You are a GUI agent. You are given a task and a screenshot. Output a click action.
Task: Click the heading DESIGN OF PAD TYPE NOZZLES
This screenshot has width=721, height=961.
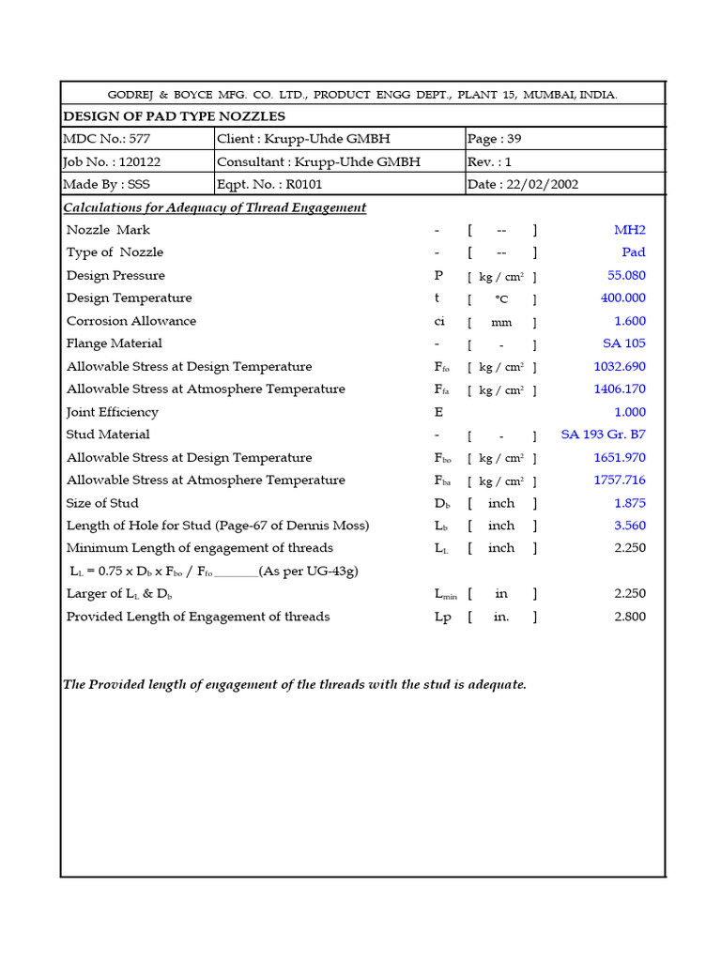pos(174,116)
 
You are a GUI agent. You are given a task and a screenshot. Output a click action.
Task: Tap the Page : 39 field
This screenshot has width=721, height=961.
pos(495,139)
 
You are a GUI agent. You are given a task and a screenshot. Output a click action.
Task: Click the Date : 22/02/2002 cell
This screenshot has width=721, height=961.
pos(524,184)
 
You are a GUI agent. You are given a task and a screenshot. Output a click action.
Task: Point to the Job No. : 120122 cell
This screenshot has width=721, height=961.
pos(112,161)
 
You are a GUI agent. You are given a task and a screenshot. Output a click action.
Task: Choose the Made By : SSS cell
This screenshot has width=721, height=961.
pos(106,184)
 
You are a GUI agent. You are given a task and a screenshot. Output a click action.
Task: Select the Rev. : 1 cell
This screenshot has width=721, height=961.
pos(489,161)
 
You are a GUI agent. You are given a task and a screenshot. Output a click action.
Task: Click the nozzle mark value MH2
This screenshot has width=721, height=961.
pos(629,230)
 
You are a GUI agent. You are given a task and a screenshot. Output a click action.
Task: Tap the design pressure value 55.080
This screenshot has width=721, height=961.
pos(626,276)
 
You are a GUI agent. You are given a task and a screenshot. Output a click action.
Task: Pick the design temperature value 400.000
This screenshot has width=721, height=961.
pos(623,298)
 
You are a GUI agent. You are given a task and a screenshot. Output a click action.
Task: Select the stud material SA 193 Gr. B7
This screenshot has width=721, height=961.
pos(603,435)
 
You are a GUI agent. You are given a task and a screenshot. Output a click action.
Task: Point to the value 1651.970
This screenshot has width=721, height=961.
pos(620,458)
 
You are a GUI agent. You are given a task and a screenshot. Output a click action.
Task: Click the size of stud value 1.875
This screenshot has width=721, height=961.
pos(629,503)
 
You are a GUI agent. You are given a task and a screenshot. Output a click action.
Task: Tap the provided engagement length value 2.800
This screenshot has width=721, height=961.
pos(629,617)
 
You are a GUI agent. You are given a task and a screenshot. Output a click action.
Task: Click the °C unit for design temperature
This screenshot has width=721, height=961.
pos(502,299)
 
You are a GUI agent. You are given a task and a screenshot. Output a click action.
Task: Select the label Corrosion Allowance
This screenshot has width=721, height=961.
pos(131,321)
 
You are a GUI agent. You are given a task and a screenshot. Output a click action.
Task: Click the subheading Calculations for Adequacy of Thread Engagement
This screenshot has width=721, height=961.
pos(214,207)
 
